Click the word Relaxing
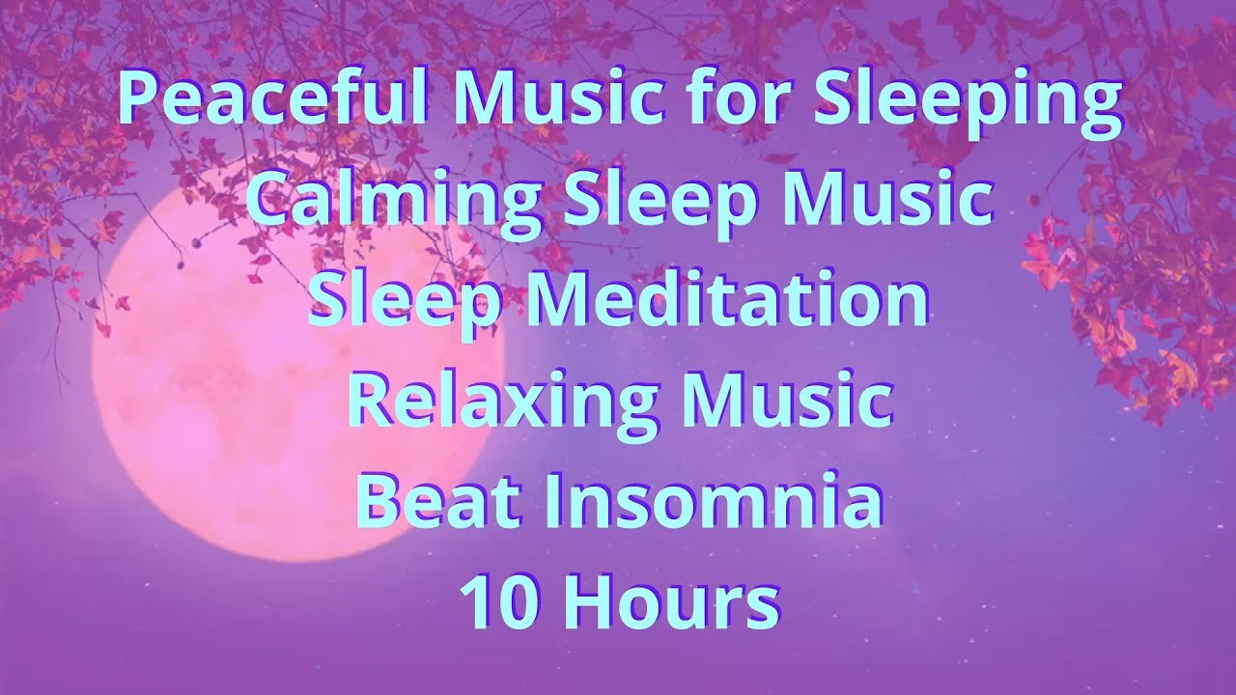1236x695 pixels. coord(493,402)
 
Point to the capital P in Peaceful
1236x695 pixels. coord(137,98)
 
